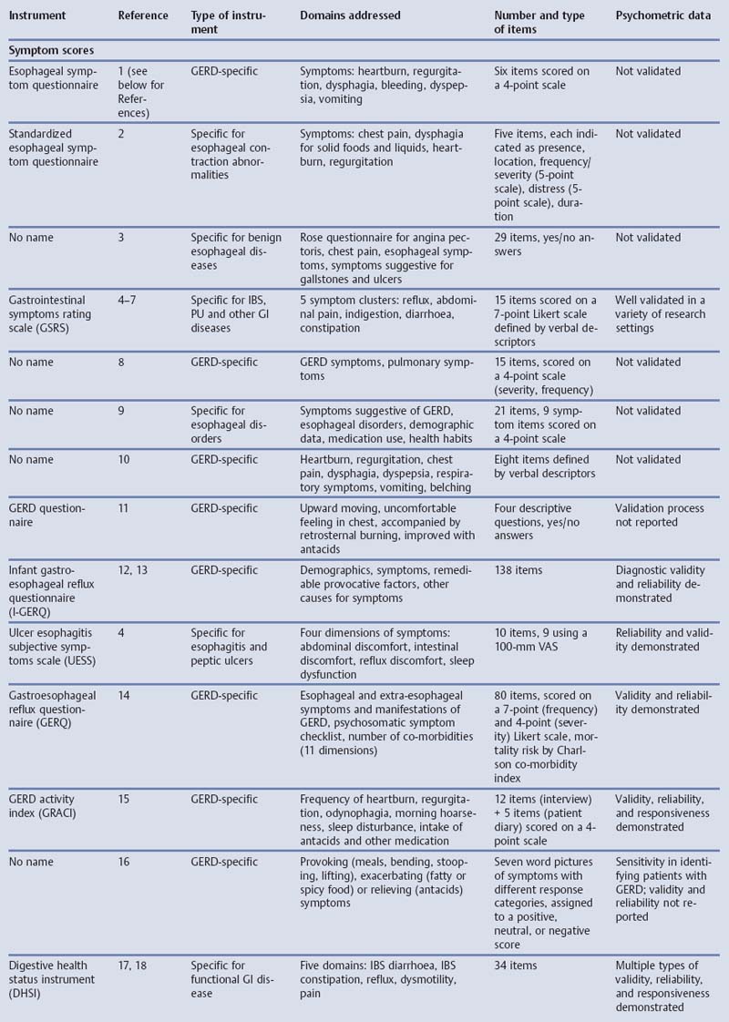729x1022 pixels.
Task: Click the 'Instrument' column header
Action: (36, 15)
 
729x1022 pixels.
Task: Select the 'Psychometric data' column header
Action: (662, 15)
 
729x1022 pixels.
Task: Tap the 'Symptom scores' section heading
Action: (51, 51)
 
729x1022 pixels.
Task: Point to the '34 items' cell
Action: (518, 965)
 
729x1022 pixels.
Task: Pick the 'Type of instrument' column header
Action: (228, 23)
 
